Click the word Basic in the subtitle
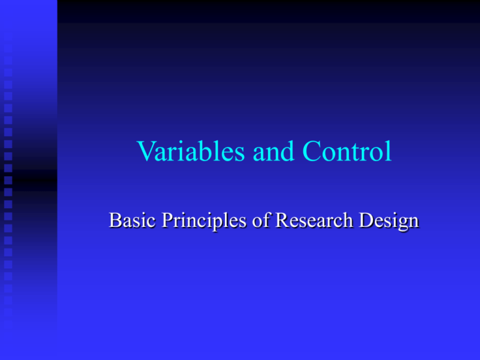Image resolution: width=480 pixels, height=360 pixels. pos(129,221)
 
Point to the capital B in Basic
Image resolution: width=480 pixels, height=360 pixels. pos(114,221)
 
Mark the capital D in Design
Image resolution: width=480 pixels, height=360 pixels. pos(364,221)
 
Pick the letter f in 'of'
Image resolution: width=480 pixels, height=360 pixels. pos(258,221)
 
